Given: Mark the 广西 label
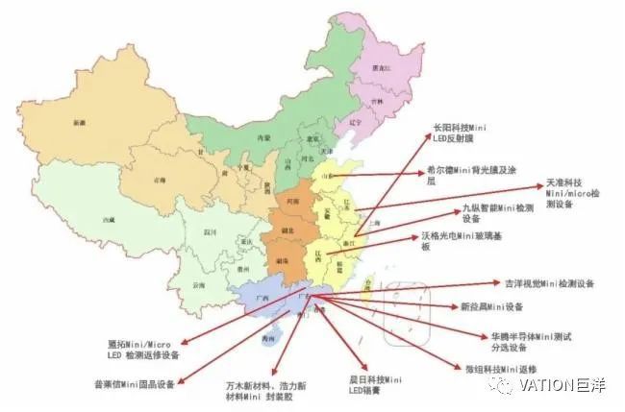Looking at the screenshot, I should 258,298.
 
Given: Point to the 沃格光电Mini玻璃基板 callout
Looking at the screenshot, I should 456,240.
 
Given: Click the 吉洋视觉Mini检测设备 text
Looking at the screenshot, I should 549,283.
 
